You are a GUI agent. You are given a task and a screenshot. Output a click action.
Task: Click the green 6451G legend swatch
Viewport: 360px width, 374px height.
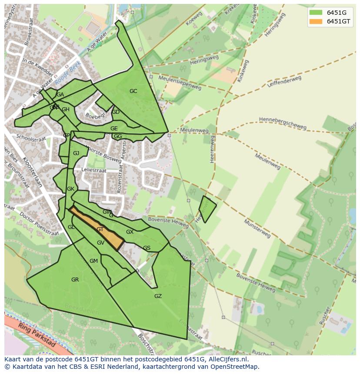[316, 12]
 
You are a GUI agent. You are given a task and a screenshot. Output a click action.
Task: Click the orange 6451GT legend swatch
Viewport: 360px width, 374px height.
[316, 21]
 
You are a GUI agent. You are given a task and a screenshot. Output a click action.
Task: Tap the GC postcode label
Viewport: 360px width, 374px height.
[133, 91]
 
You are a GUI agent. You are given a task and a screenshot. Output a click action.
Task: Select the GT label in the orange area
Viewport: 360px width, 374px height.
[100, 229]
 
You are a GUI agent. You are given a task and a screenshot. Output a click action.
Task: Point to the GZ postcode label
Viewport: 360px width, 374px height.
[158, 296]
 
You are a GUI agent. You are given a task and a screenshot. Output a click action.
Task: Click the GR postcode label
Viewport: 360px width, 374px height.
[75, 280]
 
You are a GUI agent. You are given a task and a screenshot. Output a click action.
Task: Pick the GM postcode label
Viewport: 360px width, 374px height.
[93, 261]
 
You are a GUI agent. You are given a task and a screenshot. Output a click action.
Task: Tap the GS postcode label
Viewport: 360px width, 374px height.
[147, 248]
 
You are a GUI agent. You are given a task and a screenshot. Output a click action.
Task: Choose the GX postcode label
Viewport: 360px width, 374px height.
[130, 232]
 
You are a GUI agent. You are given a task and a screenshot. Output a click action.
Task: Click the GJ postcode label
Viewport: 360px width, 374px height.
[76, 153]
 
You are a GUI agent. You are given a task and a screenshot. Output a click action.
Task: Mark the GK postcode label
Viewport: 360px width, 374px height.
[70, 189]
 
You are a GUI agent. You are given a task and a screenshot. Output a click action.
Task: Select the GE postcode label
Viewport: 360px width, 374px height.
[114, 129]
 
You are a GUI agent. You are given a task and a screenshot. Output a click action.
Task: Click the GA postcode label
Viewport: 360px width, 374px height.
[60, 95]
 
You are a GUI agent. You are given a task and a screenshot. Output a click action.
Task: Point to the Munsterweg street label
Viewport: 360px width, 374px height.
[257, 229]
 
